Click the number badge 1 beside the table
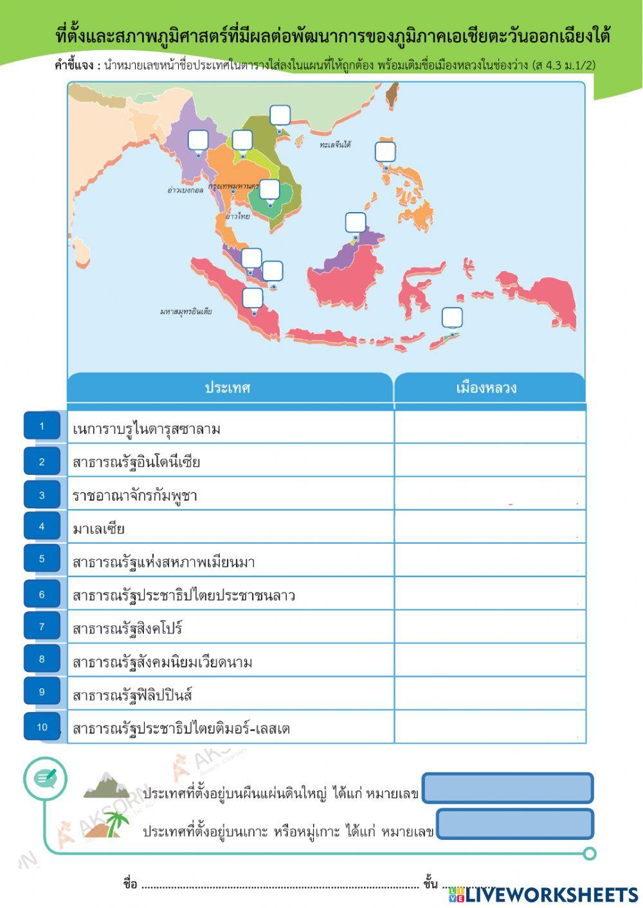coord(42,426)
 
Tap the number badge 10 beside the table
coord(42,727)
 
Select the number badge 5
coord(42,558)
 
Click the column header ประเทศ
coord(228,388)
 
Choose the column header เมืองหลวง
coord(487,388)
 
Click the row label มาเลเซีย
coord(98,529)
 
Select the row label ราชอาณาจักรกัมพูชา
coord(134,495)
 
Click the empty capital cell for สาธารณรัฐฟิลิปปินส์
coord(489,693)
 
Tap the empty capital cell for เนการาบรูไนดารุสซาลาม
coord(489,427)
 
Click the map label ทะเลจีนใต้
coord(335,145)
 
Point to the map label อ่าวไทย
coord(237,217)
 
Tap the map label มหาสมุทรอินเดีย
coord(186,312)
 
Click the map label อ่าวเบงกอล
coord(185,190)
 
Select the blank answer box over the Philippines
coord(385,152)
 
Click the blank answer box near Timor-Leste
coord(452,317)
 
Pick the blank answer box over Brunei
coord(356,222)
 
